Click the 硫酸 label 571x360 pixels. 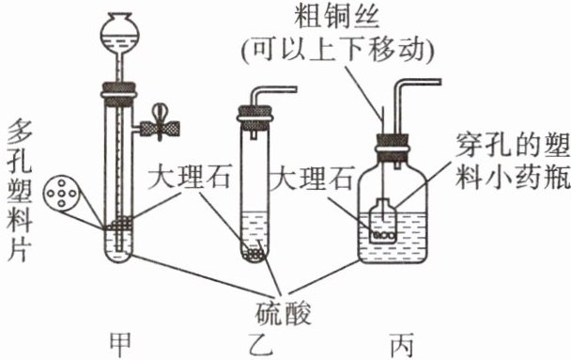coord(283,313)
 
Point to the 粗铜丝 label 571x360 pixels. coord(337,16)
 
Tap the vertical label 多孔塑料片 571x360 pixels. coord(20,191)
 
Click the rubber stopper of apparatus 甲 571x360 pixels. coord(119,91)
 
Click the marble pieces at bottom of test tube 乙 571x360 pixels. coord(254,253)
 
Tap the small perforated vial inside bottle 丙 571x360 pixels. coord(382,221)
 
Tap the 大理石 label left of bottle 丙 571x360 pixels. coord(312,178)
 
